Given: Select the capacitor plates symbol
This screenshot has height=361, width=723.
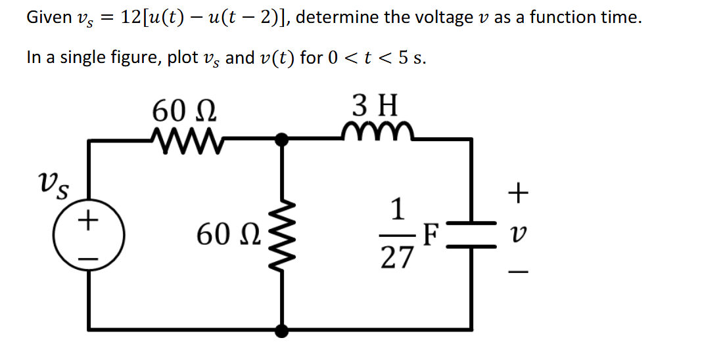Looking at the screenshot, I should (x=471, y=234).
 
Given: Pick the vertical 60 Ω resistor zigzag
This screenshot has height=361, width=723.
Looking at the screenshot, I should (x=284, y=234).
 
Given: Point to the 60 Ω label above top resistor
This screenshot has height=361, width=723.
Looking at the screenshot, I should (x=185, y=110).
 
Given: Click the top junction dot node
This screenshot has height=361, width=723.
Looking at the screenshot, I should (x=283, y=138).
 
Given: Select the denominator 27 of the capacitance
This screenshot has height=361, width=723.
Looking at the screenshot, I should (x=398, y=258).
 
